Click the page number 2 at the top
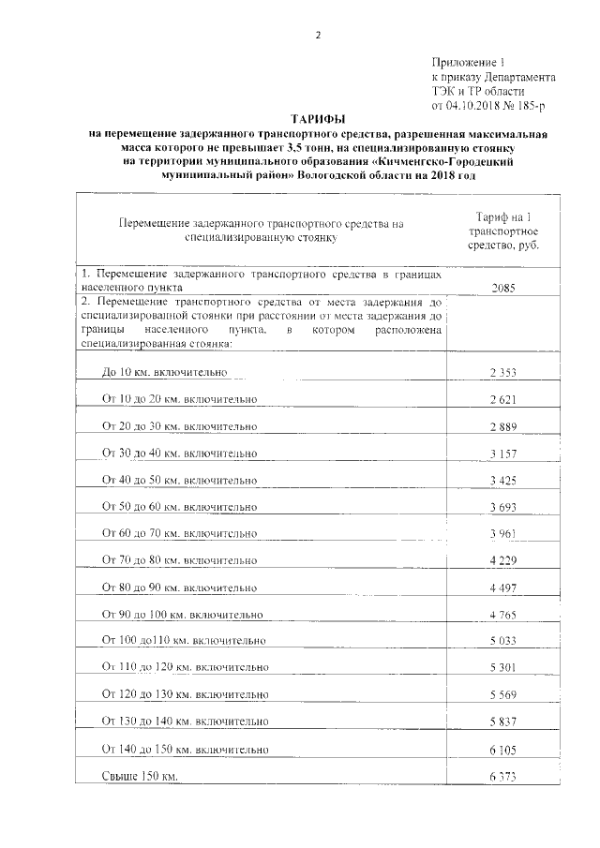[317, 36]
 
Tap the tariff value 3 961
[502, 534]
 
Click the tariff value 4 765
[502, 615]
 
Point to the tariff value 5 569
[502, 696]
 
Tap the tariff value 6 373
[502, 778]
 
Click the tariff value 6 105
[502, 751]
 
